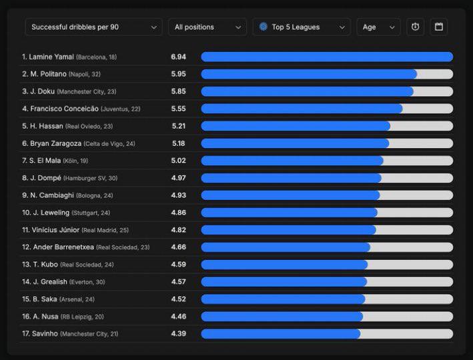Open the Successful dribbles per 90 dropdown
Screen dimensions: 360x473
[x=93, y=27]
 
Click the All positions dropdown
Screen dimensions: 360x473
[x=207, y=27]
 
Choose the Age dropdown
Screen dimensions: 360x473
[x=378, y=27]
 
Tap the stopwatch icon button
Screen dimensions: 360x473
[x=415, y=27]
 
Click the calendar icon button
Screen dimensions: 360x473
[x=438, y=27]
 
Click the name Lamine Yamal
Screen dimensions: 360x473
[x=51, y=57]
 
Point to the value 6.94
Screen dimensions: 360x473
[x=178, y=57]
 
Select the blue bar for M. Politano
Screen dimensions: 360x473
[x=309, y=74]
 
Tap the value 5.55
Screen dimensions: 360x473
[x=178, y=109]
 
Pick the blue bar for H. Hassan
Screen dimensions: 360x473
[x=296, y=126]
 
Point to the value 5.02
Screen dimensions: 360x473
[x=178, y=161]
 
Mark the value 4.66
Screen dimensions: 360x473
[x=178, y=247]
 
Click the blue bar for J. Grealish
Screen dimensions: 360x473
[x=284, y=282]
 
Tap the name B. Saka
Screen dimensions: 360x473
[x=44, y=299]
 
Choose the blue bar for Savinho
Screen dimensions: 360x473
[x=281, y=333]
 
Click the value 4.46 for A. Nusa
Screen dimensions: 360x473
[x=178, y=317]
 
